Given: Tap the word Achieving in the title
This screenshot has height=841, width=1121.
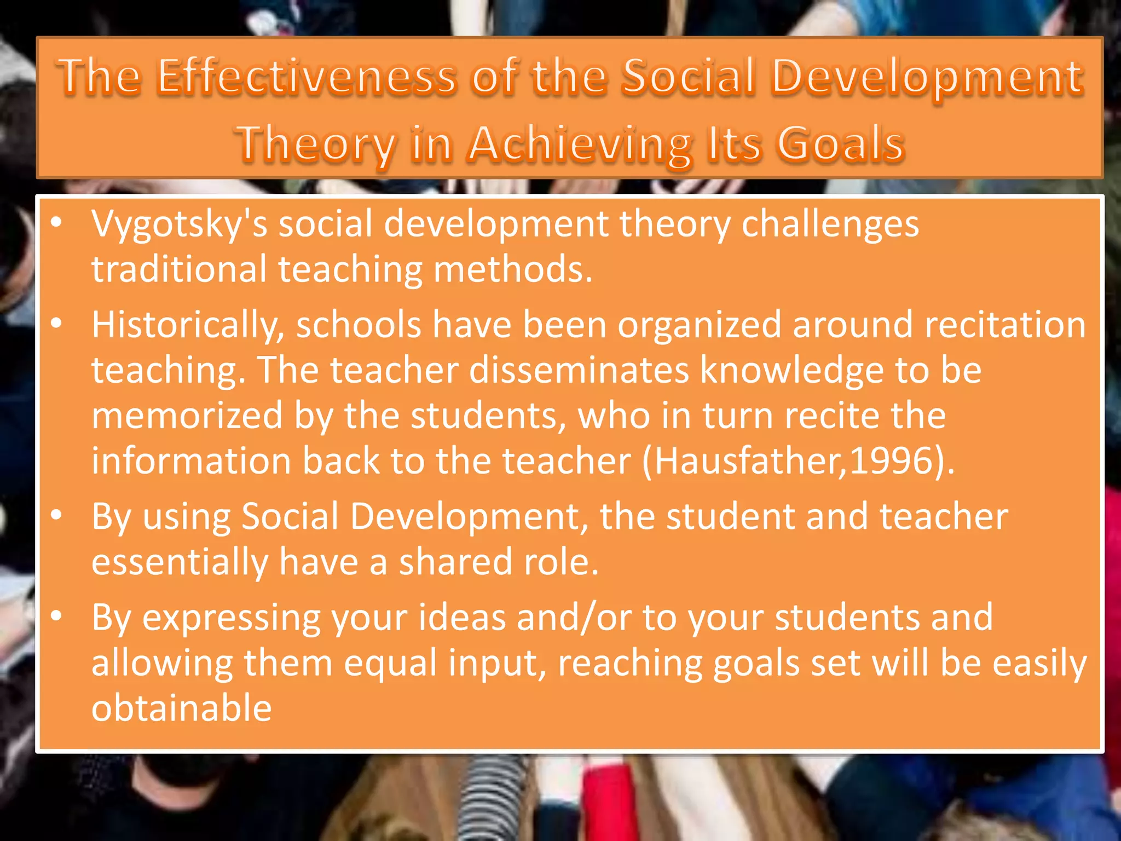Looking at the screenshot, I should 580,145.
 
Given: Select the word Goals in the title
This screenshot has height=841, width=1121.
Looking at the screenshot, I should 841,143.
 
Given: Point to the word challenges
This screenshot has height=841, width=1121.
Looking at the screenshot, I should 830,224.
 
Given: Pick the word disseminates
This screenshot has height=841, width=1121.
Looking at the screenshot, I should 579,370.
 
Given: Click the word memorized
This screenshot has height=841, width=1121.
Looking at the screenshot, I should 187,416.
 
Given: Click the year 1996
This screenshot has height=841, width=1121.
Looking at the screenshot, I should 891,461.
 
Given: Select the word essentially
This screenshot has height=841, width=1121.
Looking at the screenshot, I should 180,563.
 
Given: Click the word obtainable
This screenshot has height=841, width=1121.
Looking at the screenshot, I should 182,708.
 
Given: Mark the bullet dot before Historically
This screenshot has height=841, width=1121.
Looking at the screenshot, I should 56,324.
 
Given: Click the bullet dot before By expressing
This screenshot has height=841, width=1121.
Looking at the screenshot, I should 56,617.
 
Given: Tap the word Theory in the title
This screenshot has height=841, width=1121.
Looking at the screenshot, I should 315,145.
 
